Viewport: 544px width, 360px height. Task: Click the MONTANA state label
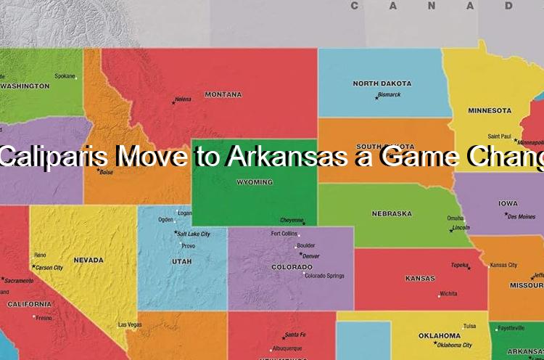tap(223, 94)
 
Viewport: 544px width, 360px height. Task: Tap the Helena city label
tap(184, 99)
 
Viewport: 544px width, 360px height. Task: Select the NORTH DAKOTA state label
tap(382, 83)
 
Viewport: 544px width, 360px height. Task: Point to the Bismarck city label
tap(389, 94)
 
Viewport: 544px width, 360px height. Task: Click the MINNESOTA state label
tap(489, 111)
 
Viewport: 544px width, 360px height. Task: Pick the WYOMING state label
tap(255, 182)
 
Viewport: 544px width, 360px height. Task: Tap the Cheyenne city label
tap(292, 220)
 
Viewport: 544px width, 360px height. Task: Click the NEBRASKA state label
tap(392, 214)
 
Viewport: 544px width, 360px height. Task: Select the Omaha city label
tap(455, 218)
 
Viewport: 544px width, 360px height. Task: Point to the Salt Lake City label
tap(194, 234)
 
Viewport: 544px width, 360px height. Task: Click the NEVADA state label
tap(88, 260)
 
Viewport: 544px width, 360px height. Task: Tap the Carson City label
tap(49, 267)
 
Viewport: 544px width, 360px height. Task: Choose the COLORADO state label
tap(292, 267)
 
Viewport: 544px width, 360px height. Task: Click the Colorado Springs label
tap(324, 276)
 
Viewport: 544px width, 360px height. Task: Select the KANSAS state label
tap(420, 279)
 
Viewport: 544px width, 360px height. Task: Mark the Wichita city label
tap(448, 294)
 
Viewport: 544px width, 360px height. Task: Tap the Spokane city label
tap(65, 75)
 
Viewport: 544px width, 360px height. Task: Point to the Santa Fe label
tap(295, 335)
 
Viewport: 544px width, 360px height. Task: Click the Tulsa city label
tap(470, 326)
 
